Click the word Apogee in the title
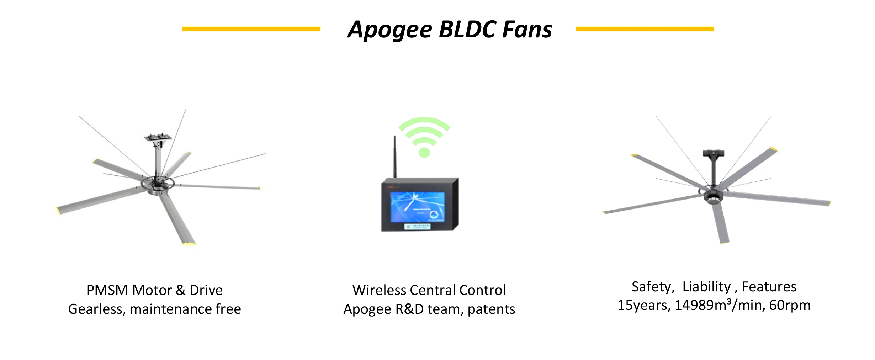(389, 30)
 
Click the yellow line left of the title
(251, 29)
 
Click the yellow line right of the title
(645, 29)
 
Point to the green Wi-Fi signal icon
(424, 135)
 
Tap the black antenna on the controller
(394, 157)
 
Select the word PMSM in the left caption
(107, 290)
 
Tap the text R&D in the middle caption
(409, 309)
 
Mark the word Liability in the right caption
(706, 287)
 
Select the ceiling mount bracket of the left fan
(158, 138)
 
